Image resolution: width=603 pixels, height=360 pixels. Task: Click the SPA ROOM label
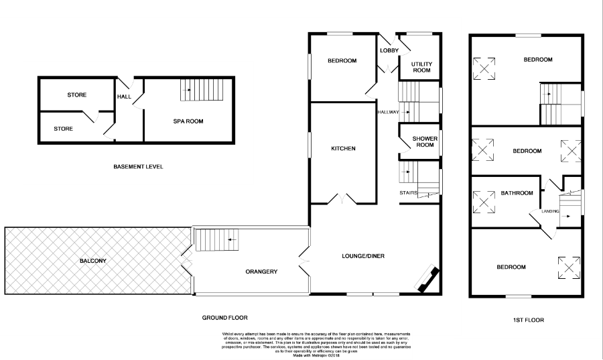(188, 121)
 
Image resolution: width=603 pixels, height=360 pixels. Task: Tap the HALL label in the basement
(124, 97)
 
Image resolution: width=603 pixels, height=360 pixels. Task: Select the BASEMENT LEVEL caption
(138, 167)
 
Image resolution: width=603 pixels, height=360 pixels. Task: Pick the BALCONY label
(92, 261)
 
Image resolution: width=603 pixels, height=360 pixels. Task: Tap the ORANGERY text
(261, 272)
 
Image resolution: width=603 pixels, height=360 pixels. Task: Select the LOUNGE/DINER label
(362, 255)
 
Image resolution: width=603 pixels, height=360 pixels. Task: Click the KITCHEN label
(342, 149)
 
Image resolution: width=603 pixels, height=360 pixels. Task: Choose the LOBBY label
(389, 51)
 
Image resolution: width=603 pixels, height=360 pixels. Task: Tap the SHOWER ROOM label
(425, 141)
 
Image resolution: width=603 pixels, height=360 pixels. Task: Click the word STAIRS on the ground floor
(409, 193)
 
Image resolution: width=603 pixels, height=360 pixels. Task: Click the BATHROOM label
(517, 193)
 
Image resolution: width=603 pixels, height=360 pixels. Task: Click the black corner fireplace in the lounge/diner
(427, 281)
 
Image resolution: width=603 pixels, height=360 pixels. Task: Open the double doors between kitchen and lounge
(342, 199)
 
